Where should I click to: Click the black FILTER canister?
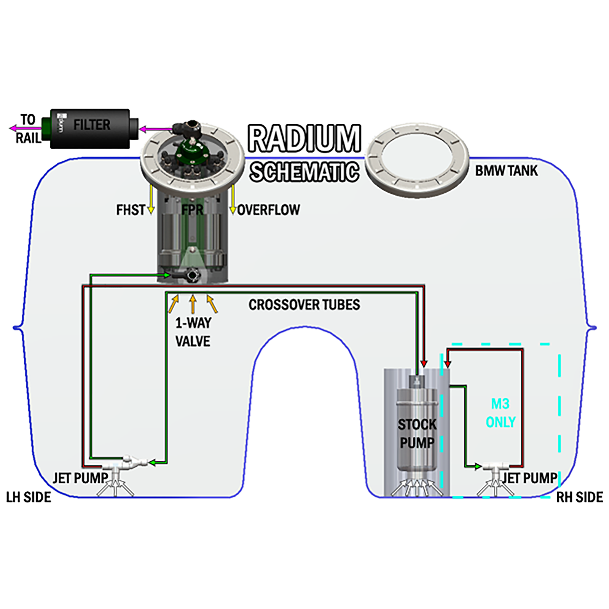click(x=90, y=129)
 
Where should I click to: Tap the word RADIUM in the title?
click(x=304, y=138)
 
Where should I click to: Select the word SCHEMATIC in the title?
click(x=304, y=172)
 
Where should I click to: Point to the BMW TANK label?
click(x=506, y=171)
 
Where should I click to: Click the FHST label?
click(x=131, y=210)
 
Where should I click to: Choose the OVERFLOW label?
click(x=268, y=210)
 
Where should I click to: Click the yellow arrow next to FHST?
click(x=151, y=199)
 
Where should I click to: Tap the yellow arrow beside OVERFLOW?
click(x=232, y=199)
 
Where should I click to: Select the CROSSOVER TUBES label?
click(x=304, y=304)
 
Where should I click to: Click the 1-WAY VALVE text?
click(x=193, y=332)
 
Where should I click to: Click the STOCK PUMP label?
click(x=417, y=434)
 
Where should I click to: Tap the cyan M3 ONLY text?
click(x=501, y=413)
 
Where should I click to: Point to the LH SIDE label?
click(x=29, y=497)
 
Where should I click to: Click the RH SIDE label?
click(x=580, y=497)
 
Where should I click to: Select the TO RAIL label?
click(x=28, y=129)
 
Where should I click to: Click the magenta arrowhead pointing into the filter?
click(x=143, y=129)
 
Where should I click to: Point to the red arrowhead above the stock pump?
click(x=424, y=363)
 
